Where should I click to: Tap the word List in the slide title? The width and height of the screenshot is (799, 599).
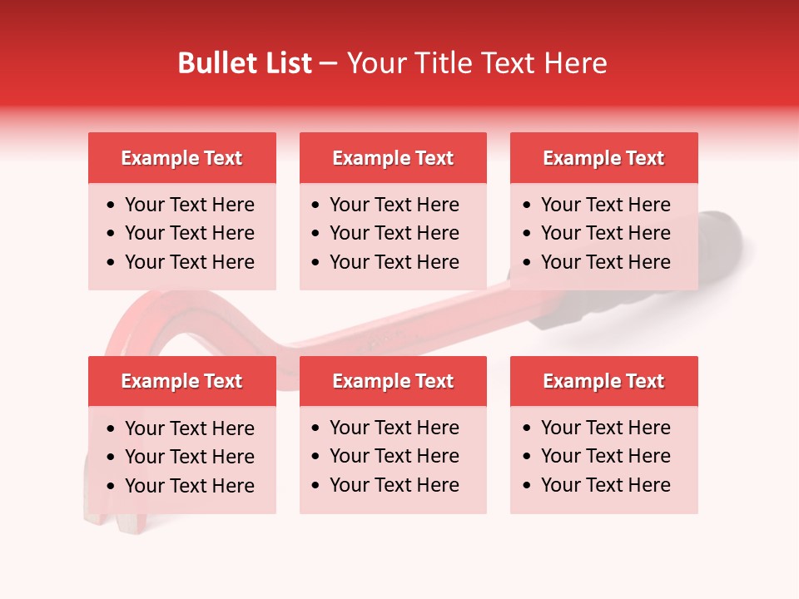286,63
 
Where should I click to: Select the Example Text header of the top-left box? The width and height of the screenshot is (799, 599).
181,158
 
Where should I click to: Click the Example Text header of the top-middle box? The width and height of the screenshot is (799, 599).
393,158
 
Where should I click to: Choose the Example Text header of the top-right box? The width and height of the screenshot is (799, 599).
603,158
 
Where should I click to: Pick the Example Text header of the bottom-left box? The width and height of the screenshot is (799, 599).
181,381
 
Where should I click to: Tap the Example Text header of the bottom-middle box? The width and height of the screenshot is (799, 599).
393,381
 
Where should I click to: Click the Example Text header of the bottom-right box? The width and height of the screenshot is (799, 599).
603,381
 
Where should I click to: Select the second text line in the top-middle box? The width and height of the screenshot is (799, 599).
394,233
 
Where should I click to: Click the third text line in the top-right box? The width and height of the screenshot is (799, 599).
605,262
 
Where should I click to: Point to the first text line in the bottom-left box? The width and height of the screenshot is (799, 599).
189,428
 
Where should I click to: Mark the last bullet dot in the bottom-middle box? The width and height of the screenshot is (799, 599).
316,486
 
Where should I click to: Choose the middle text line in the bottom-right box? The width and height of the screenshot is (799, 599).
605,456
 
